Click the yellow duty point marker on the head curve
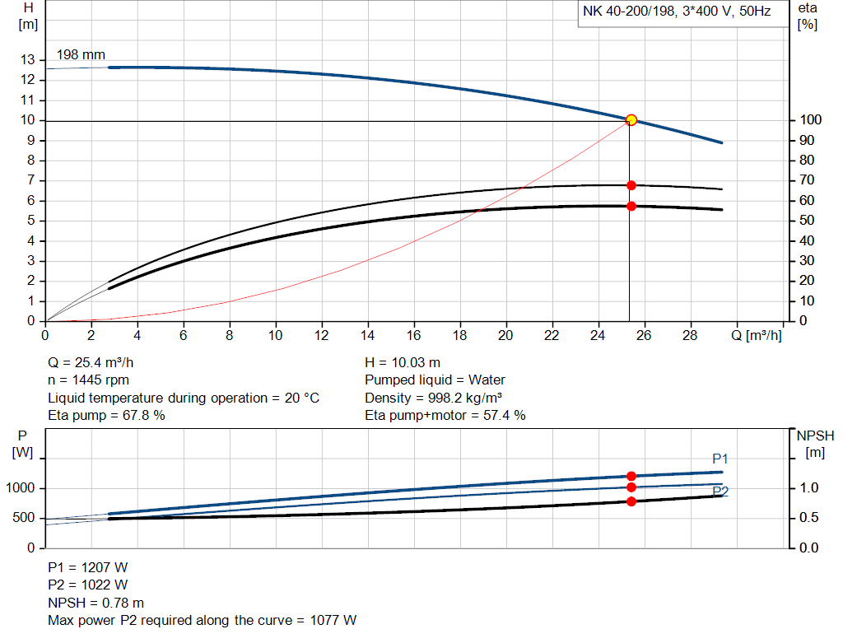tap(631, 120)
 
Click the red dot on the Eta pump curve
tap(631, 185)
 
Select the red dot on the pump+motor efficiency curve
tap(631, 206)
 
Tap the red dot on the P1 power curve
tap(631, 476)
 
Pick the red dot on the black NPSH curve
tap(631, 501)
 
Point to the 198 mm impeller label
tap(81, 54)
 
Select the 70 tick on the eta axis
tap(807, 180)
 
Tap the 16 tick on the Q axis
tap(414, 335)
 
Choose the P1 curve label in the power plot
tap(720, 459)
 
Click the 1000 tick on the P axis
tap(21, 488)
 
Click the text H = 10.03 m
tap(403, 362)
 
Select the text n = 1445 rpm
tap(88, 380)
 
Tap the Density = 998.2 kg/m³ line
tap(434, 398)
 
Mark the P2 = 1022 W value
tap(88, 585)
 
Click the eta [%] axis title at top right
tap(808, 16)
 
